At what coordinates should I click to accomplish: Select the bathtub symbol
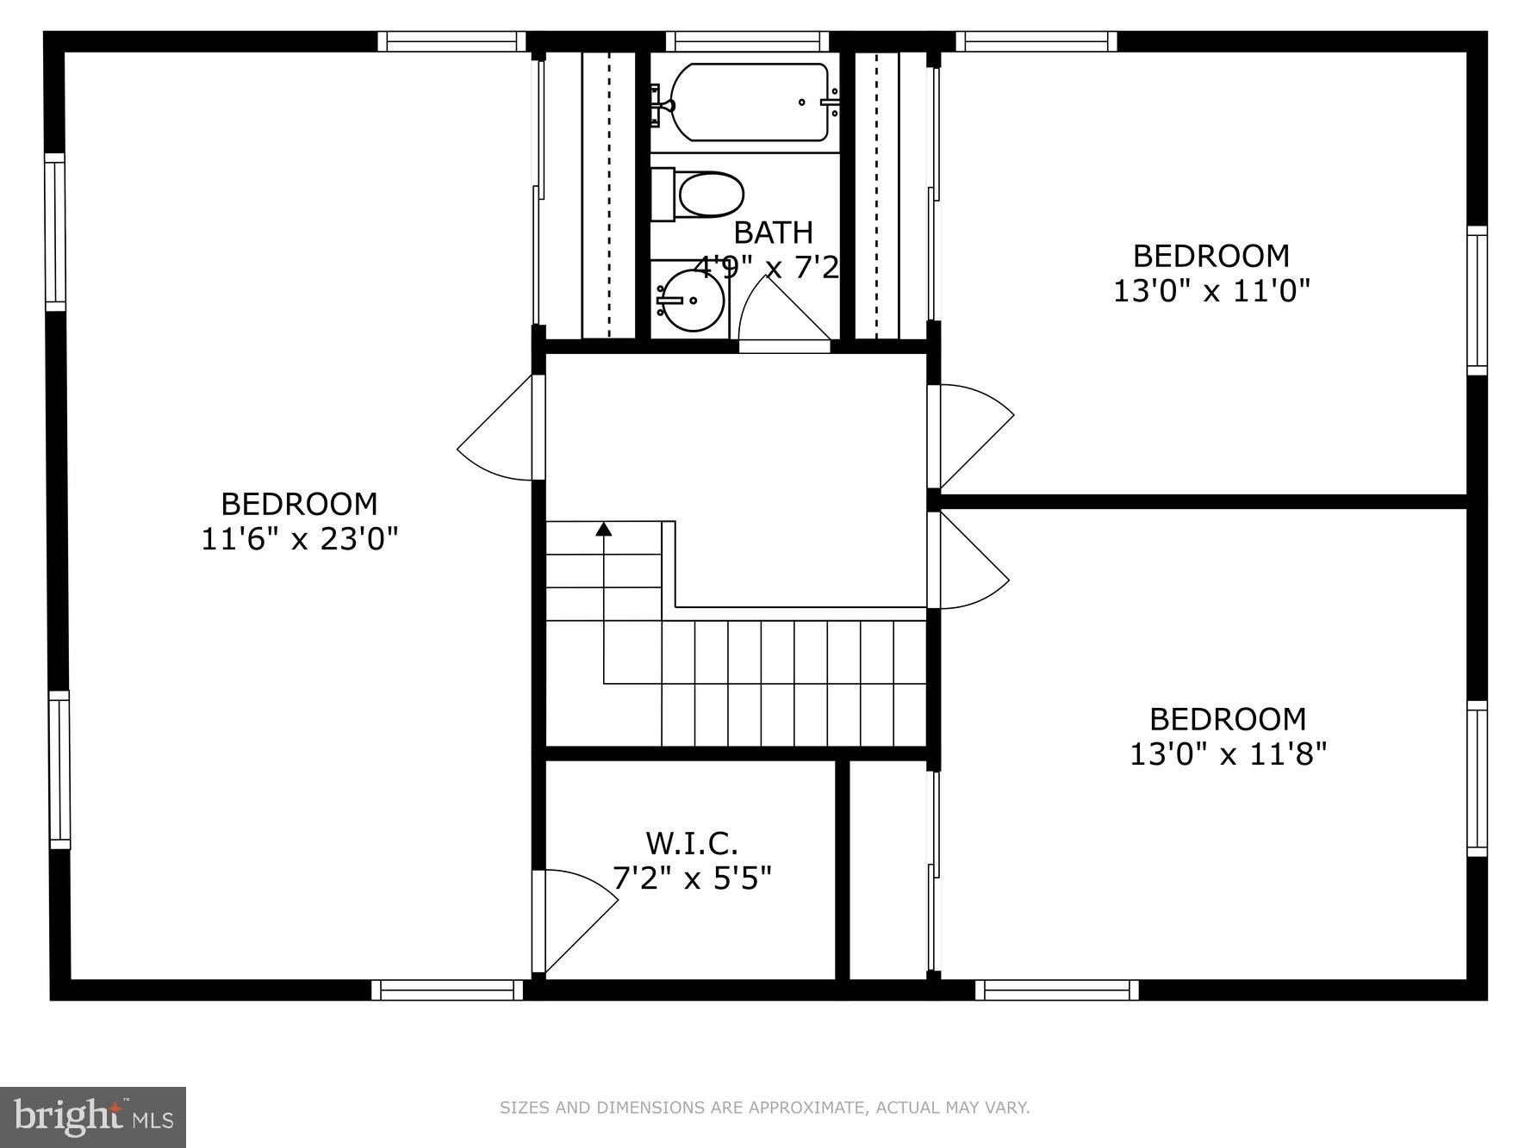[x=748, y=102]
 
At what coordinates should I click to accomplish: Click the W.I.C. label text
[x=692, y=841]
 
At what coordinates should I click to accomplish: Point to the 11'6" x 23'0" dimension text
[x=299, y=540]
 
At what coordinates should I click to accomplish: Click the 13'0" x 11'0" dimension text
[x=1211, y=291]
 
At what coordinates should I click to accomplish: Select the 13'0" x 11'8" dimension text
[x=1228, y=754]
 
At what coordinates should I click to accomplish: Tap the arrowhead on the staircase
[x=604, y=529]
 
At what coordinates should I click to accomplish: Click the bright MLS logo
[x=93, y=1117]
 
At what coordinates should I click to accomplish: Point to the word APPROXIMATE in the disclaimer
[x=806, y=1108]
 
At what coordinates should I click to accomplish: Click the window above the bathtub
[x=747, y=41]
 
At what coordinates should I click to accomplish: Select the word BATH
[x=773, y=233]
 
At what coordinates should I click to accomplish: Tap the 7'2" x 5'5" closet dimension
[x=692, y=878]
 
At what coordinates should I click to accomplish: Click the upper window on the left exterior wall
[x=55, y=232]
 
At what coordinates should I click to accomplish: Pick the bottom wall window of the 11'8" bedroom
[x=1056, y=990]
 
